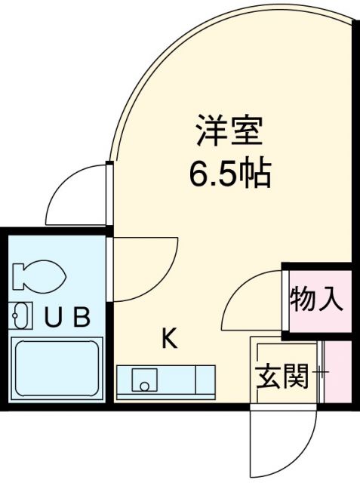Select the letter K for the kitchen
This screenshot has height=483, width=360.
click(169, 340)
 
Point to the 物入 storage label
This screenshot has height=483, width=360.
click(316, 299)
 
